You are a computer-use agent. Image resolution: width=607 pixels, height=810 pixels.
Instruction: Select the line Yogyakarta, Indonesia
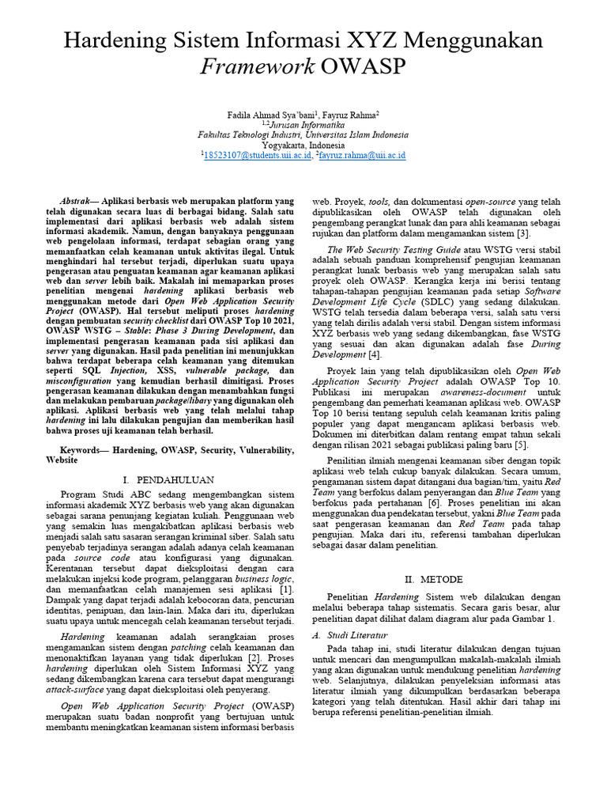click(303, 146)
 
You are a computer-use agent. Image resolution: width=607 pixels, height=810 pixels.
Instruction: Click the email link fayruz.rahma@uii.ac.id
click(362, 156)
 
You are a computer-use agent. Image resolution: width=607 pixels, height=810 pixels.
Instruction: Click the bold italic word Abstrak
click(77, 202)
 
